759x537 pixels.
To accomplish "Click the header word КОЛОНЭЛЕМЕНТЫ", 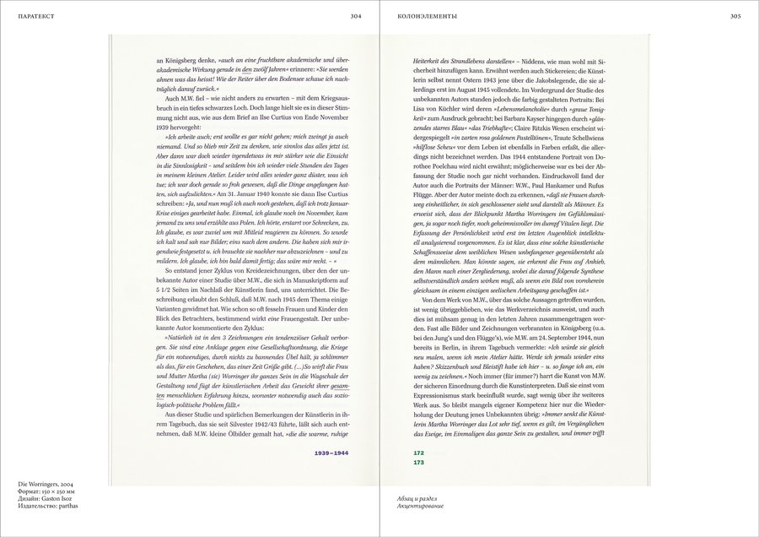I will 433,15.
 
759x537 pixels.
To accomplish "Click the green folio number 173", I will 418,463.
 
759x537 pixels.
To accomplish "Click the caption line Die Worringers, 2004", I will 46,485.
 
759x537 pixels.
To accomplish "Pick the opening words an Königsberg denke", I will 187,62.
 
